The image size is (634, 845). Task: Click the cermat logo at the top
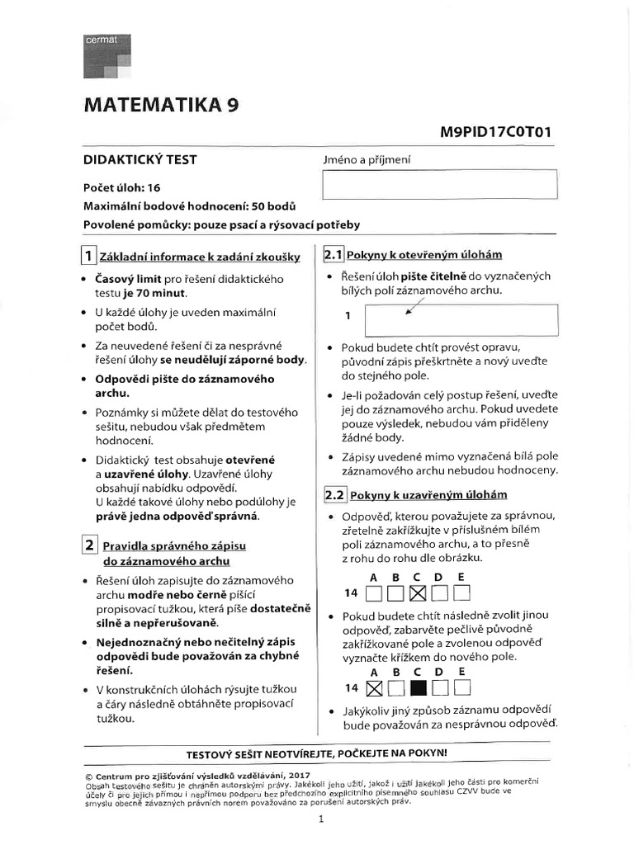tap(107, 58)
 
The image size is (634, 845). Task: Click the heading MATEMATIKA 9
tap(163, 106)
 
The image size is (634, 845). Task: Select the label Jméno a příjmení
tap(367, 160)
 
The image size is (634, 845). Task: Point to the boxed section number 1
tap(88, 255)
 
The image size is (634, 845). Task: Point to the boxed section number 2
tap(88, 545)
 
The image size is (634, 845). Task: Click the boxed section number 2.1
tap(334, 254)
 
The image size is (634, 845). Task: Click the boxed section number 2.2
tap(334, 494)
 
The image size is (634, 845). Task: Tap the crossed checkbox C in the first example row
tap(418, 592)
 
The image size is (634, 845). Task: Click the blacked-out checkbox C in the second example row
tap(418, 687)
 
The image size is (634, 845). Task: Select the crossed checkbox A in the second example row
tap(374, 687)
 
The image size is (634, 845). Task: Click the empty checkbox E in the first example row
tap(461, 592)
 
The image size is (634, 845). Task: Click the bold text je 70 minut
tap(157, 292)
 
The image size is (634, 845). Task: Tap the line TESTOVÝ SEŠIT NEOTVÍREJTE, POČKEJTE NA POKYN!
tap(317, 753)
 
